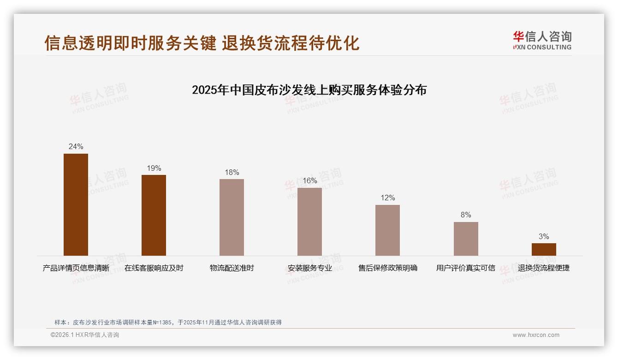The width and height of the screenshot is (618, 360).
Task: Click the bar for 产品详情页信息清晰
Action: coord(76,204)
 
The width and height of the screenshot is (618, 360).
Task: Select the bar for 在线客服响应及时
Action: coord(154,215)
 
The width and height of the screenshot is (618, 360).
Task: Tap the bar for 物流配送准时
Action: coord(232,217)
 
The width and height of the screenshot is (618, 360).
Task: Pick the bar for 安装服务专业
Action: coord(309,222)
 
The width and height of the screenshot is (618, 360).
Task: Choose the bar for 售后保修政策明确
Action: coord(387,230)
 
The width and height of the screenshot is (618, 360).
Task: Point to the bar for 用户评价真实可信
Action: coord(466,239)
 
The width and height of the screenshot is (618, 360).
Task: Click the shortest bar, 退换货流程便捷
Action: coord(544,249)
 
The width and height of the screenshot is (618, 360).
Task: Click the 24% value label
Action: coord(76,147)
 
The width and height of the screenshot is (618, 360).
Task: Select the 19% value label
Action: coord(154,168)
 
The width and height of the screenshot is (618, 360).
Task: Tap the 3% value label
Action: coord(544,237)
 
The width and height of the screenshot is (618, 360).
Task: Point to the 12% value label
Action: coord(387,198)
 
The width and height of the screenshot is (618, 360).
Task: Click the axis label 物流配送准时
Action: coord(232,268)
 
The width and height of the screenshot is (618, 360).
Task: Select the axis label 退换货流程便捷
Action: coord(544,268)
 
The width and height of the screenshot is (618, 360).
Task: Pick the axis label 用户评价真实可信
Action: coord(466,268)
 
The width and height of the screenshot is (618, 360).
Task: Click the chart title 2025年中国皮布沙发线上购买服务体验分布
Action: coord(309,90)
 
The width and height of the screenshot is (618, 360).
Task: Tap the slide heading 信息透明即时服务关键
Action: coord(131,43)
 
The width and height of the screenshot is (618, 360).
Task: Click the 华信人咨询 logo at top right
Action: coord(542,40)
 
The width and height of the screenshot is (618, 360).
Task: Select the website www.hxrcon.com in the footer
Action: coord(536,335)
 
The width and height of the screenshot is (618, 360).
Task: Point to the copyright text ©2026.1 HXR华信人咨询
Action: coord(85,335)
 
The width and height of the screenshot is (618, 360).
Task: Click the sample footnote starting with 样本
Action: coord(168,323)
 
